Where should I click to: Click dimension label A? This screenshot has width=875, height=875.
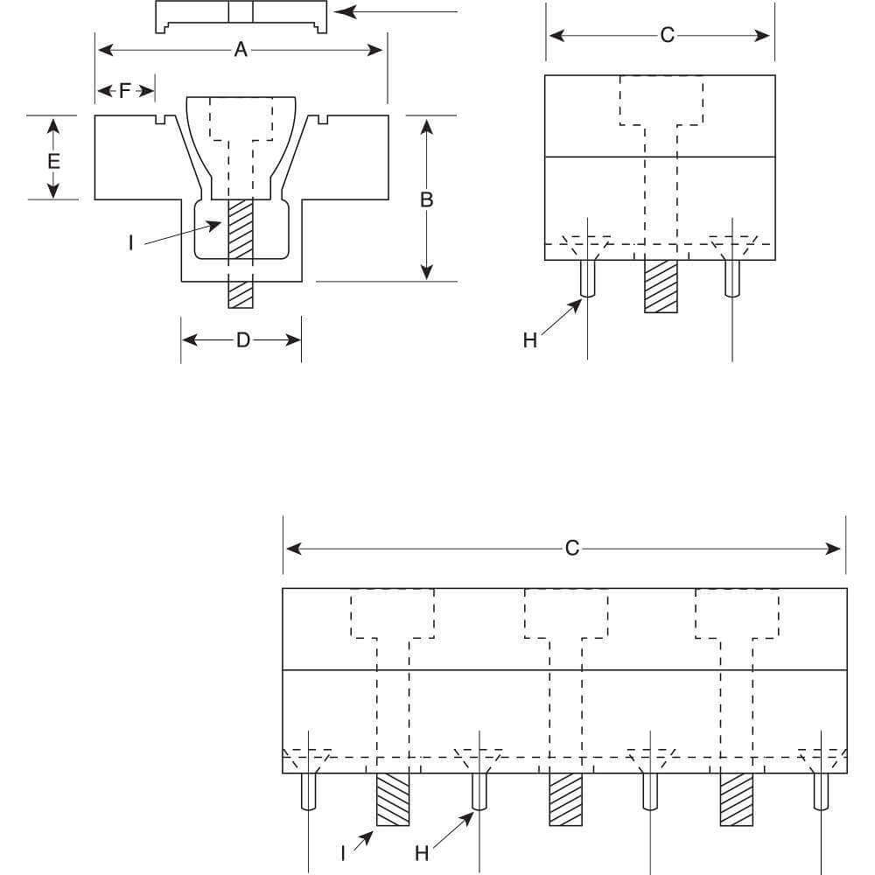[241, 50]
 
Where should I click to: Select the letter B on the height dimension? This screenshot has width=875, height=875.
[426, 199]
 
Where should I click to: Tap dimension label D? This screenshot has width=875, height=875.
[243, 339]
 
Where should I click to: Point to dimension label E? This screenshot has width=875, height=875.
[53, 161]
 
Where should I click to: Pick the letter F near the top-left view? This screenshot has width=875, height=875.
[124, 90]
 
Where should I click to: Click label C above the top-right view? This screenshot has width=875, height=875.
[667, 36]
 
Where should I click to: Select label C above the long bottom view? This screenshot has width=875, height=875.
[571, 549]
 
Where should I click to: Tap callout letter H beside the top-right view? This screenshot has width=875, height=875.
[530, 340]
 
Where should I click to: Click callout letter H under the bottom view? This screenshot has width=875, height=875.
[422, 851]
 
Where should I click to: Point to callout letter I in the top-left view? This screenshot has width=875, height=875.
[131, 242]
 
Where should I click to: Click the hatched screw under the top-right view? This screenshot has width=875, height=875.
[661, 286]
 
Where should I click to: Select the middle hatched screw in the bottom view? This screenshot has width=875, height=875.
[565, 799]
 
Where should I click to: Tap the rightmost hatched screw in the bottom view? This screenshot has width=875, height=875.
[736, 799]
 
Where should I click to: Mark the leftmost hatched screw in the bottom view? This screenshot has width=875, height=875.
[393, 799]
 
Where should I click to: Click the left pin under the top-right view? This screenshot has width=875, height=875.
[587, 278]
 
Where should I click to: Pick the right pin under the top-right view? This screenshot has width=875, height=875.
[732, 278]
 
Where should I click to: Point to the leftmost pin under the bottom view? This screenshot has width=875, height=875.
[308, 791]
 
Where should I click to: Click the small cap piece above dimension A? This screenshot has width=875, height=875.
[241, 17]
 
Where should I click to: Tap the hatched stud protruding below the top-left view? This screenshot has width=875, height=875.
[240, 294]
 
